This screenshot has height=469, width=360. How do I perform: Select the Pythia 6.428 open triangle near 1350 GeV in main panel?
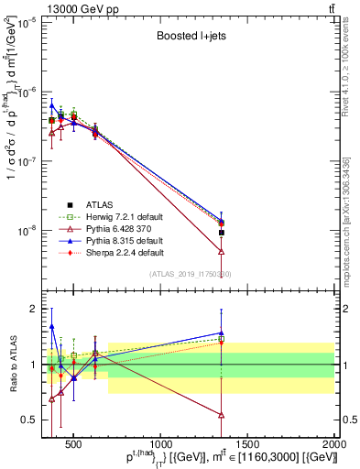point(222,251)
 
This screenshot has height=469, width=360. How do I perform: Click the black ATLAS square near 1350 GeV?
point(222,233)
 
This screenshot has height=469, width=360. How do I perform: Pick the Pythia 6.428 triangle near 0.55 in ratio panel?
point(222,415)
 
